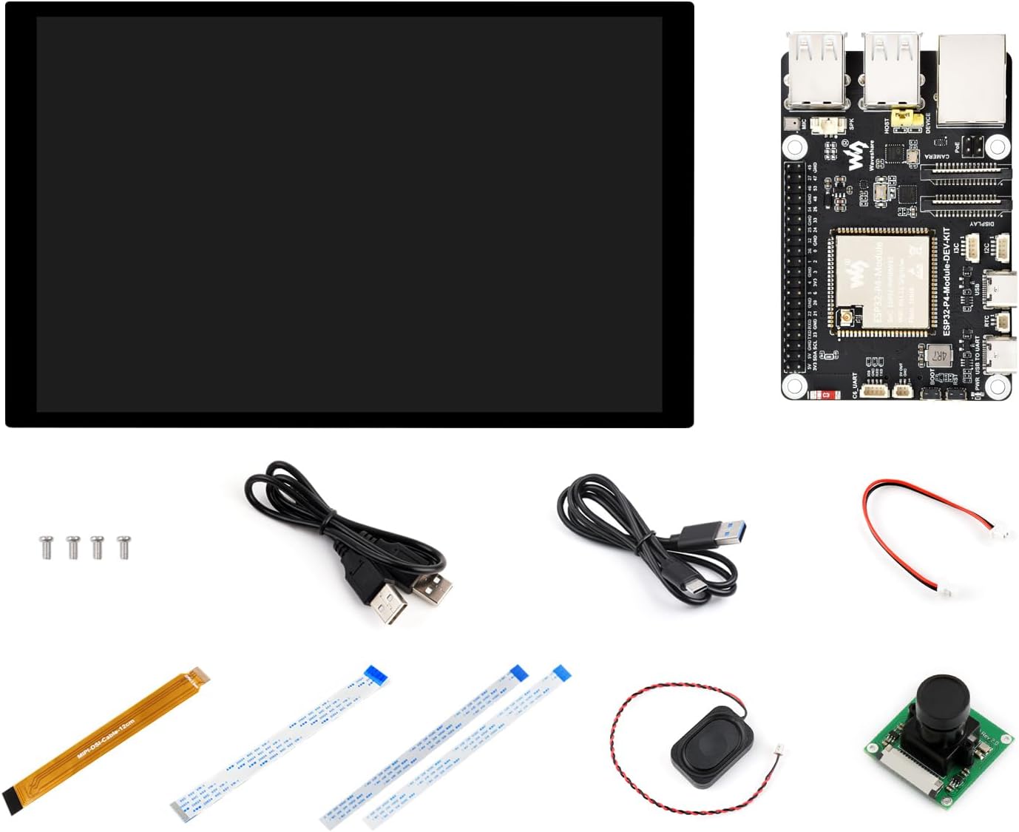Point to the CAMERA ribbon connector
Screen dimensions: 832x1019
click(965, 175)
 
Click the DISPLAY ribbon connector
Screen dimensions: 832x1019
click(965, 200)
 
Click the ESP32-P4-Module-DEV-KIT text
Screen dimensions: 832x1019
click(947, 281)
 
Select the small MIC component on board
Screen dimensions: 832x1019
click(793, 125)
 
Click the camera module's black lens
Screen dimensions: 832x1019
click(938, 698)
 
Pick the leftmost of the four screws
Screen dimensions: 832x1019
click(46, 547)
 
